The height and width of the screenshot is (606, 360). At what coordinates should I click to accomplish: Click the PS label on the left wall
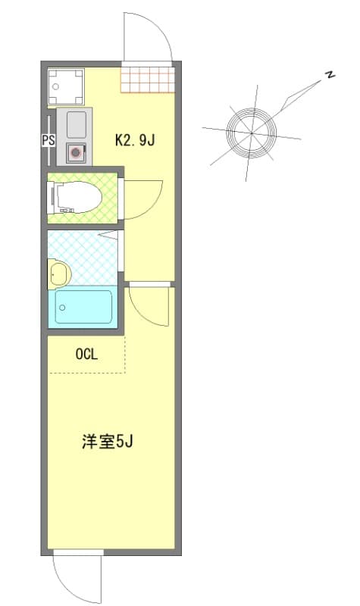point(48,139)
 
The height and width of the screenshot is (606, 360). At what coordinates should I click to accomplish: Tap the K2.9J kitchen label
point(135,139)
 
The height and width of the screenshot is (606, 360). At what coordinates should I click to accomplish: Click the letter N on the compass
point(330,74)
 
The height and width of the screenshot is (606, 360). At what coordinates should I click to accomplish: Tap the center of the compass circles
point(252,132)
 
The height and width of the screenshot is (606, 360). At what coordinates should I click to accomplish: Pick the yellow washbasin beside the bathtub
point(58,273)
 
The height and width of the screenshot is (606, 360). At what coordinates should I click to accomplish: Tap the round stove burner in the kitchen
point(76,152)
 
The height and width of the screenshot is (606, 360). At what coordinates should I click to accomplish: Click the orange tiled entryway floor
point(147,79)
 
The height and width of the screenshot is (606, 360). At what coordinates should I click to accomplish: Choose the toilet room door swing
point(142,198)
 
